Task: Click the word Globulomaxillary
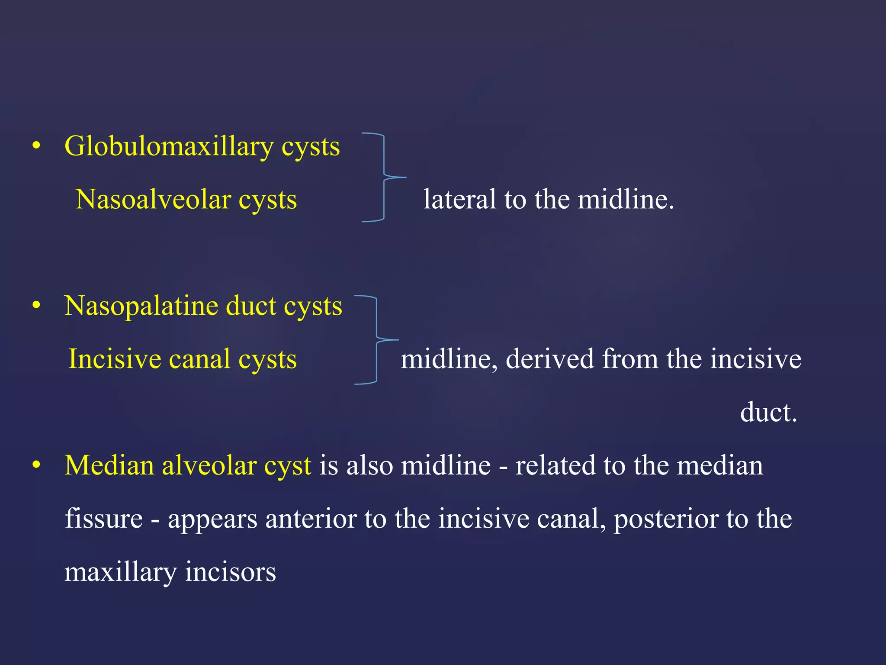[x=169, y=147]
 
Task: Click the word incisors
[x=230, y=572]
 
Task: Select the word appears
[x=212, y=520]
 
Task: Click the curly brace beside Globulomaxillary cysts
[x=384, y=178]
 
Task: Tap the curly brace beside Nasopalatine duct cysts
[x=377, y=340]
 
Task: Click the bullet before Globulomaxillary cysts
[x=36, y=146]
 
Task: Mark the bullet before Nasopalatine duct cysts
[x=36, y=306]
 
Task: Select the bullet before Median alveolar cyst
[x=36, y=465]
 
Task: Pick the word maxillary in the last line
[x=121, y=572]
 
